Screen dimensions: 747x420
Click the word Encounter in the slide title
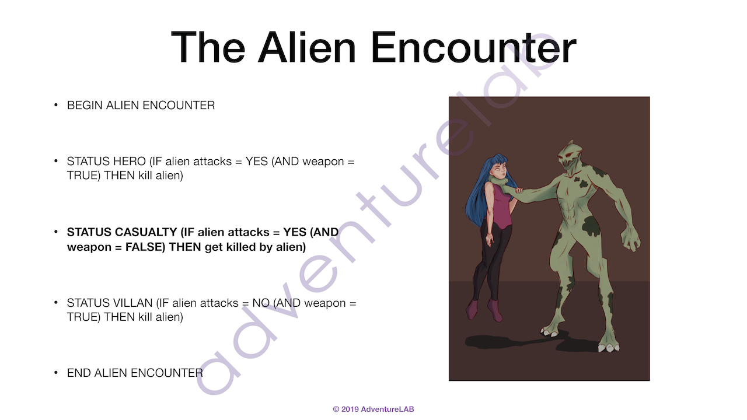473,47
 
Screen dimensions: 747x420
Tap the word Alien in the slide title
307,47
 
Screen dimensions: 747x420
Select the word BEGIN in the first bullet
85,106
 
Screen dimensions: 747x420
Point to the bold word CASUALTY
145,232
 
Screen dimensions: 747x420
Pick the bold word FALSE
145,247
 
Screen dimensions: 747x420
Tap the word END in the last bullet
79,373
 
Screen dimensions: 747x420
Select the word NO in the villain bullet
261,303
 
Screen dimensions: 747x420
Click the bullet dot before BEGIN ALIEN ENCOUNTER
55,106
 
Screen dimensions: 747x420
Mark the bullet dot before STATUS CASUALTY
55,232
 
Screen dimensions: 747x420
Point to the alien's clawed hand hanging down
629,239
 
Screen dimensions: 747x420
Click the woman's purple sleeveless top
499,206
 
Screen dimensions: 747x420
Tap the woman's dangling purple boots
484,310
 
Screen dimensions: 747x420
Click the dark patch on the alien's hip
591,227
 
